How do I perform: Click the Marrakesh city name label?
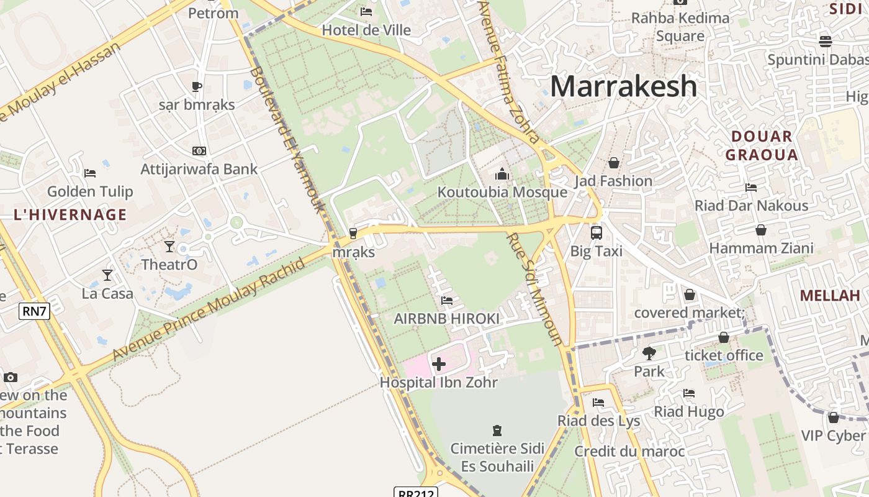pyautogui.click(x=623, y=86)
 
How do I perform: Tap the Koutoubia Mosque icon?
pyautogui.click(x=502, y=174)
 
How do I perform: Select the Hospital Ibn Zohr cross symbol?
pyautogui.click(x=439, y=363)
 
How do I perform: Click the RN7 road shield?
pyautogui.click(x=34, y=311)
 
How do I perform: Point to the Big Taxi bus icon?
pyautogui.click(x=596, y=233)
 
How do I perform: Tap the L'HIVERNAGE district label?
pyautogui.click(x=70, y=215)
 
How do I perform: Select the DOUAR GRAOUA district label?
pyautogui.click(x=762, y=145)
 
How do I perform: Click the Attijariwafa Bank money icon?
pyautogui.click(x=199, y=151)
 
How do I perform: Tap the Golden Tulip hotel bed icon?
pyautogui.click(x=90, y=173)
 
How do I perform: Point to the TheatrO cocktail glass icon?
pyautogui.click(x=169, y=247)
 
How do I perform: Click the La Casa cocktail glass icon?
pyautogui.click(x=107, y=275)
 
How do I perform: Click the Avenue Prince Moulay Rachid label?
pyautogui.click(x=209, y=309)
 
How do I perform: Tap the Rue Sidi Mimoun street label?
pyautogui.click(x=534, y=289)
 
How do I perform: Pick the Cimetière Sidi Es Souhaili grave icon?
pyautogui.click(x=497, y=430)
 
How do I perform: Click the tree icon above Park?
pyautogui.click(x=649, y=353)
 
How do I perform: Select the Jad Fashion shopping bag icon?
pyautogui.click(x=613, y=163)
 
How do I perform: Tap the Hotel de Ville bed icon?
pyautogui.click(x=366, y=11)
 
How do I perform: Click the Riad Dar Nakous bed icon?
pyautogui.click(x=751, y=187)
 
